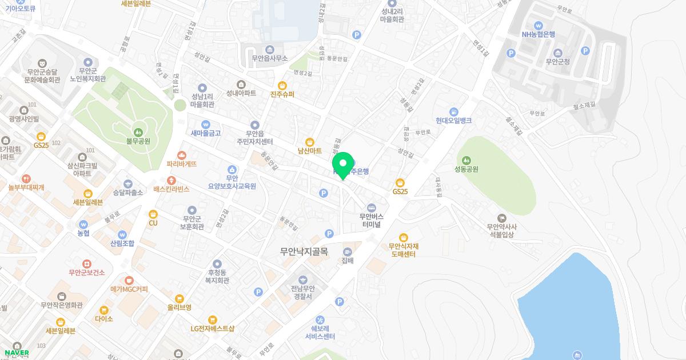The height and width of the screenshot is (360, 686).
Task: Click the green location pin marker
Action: coord(343,163)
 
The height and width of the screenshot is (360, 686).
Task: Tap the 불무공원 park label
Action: coord(138,141)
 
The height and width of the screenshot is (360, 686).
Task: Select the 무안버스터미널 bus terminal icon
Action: coord(372,207)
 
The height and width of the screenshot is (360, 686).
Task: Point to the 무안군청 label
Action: coord(558,62)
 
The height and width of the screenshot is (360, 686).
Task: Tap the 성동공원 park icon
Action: coord(466,159)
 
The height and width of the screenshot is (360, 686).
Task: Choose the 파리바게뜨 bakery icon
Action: coord(182,155)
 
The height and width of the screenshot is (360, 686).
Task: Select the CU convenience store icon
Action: coord(153,214)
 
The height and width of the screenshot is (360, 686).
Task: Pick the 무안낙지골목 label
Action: coord(304,251)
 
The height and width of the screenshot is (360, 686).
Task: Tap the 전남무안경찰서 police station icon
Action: coord(301,278)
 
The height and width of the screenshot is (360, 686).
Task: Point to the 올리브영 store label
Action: coord(180,307)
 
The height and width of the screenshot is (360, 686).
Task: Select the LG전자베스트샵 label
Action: coord(213,329)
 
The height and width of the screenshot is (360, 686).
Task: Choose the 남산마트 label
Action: coord(310,151)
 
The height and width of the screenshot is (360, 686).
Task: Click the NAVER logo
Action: coord(17,353)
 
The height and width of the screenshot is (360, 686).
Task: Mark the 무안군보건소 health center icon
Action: coord(86,263)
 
